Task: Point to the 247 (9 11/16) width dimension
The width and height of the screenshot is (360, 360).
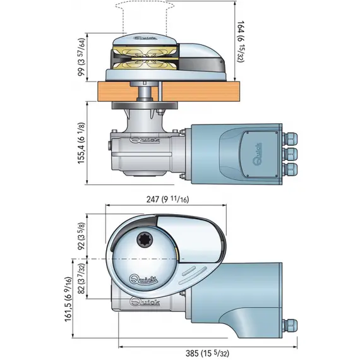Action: pos(167,200)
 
